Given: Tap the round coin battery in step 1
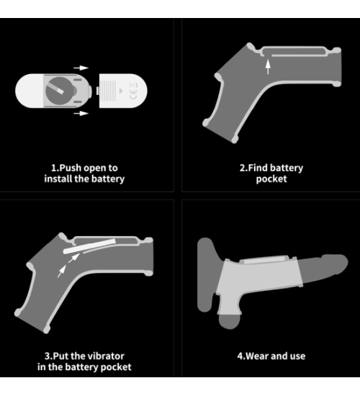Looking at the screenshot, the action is [x=59, y=91].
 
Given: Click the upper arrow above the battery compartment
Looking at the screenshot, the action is [x=81, y=68].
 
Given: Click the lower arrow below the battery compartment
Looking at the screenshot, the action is [x=81, y=113].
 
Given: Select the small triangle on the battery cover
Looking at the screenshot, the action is [x=121, y=91].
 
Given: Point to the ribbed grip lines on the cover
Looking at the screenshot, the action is [x=108, y=91].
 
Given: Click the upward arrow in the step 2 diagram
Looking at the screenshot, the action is [x=268, y=66].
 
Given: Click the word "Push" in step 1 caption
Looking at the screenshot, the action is [x=70, y=168].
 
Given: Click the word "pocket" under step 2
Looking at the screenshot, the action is [x=271, y=179].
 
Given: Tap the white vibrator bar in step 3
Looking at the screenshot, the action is [x=89, y=246].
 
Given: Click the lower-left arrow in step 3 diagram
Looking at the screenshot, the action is [x=62, y=271].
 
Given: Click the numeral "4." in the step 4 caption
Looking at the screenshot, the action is [x=241, y=356].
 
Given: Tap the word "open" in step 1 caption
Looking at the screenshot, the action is [x=93, y=168].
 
